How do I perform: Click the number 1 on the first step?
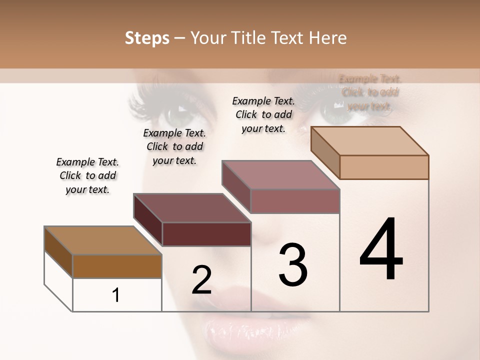click(x=116, y=295)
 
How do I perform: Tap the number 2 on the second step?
click(x=201, y=279)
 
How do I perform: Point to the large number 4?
click(x=381, y=249)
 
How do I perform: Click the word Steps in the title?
click(x=147, y=38)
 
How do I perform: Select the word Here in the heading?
click(x=327, y=38)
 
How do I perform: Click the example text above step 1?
click(x=87, y=175)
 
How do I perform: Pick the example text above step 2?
click(x=174, y=146)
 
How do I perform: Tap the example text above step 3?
click(x=263, y=114)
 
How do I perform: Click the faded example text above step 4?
click(x=370, y=92)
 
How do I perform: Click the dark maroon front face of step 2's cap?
click(x=206, y=234)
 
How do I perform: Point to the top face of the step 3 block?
click(x=280, y=175)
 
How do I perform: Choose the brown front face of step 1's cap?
click(x=117, y=266)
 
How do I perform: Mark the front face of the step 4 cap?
click(x=384, y=167)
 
